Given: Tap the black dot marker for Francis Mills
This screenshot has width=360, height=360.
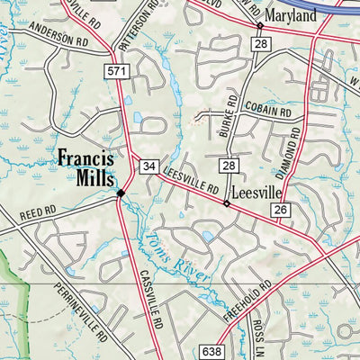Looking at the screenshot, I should [120, 193].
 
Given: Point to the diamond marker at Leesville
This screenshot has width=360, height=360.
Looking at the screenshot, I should [227, 204].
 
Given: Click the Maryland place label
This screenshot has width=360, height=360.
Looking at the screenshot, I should [291, 15].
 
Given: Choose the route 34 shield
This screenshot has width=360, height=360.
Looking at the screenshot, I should [148, 165].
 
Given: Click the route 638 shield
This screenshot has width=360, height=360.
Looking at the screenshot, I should [213, 350].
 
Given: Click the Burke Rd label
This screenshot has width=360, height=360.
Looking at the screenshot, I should [225, 123].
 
